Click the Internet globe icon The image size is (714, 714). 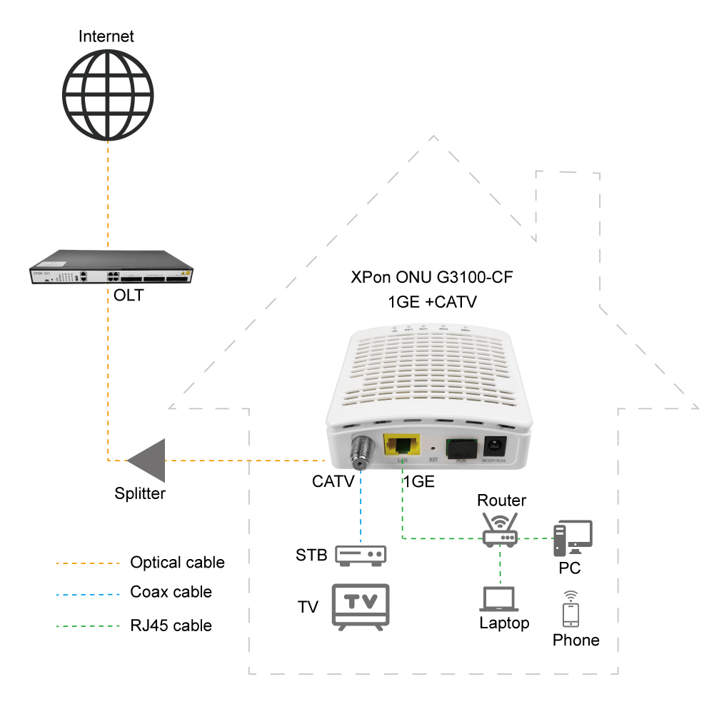[x=107, y=93]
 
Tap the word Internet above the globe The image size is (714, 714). [x=106, y=36]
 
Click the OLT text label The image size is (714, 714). [x=129, y=295]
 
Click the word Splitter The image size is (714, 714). [x=140, y=493]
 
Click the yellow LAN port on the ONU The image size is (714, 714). [x=402, y=446]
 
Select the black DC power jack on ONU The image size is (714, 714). [x=496, y=448]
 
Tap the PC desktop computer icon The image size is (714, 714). [x=572, y=538]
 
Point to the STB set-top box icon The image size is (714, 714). [x=361, y=555]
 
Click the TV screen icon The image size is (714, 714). [x=361, y=605]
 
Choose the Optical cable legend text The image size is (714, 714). [x=177, y=563]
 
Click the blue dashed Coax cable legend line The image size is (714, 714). [x=87, y=593]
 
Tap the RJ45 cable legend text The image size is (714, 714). [x=171, y=625]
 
